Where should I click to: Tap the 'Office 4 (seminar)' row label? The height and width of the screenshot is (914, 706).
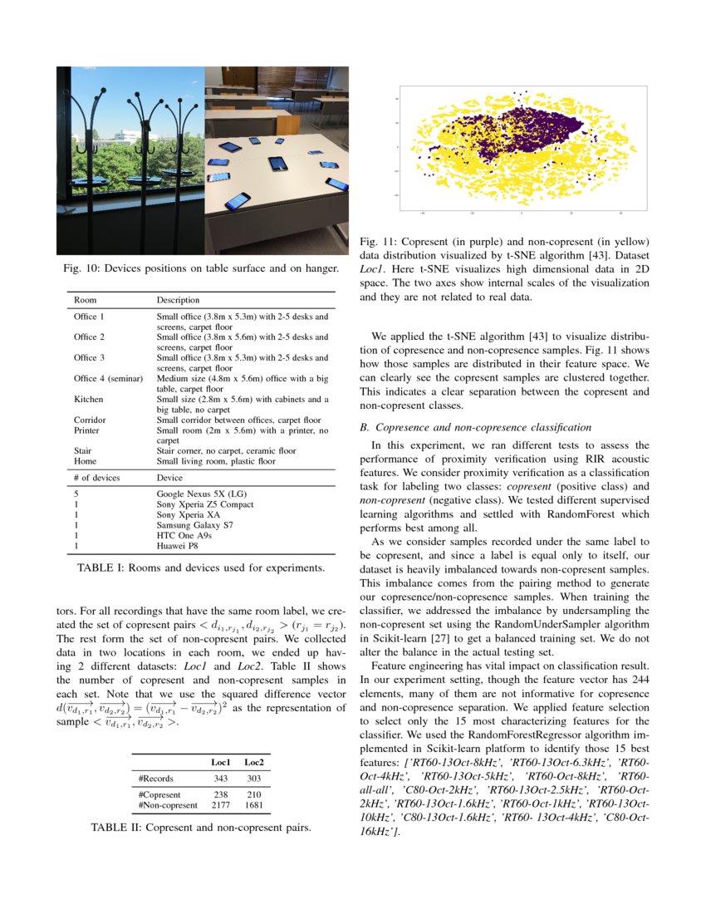[108, 378]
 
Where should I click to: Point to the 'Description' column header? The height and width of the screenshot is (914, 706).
[178, 300]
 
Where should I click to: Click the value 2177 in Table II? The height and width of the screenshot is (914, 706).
[220, 805]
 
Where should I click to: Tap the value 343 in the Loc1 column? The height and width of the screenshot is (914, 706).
[220, 779]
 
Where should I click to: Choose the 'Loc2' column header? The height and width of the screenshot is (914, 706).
[254, 762]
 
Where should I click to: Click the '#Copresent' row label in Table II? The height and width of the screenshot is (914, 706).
[160, 794]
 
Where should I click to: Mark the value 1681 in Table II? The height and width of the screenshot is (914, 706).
[254, 805]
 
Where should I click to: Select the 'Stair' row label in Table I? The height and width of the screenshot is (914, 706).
[83, 451]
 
